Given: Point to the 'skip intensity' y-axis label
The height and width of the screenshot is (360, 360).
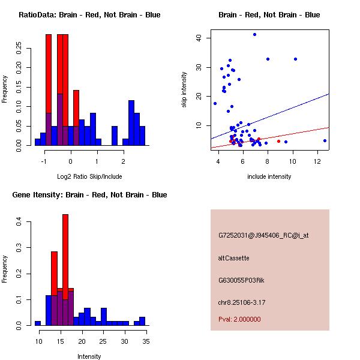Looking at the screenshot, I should (x=184, y=89).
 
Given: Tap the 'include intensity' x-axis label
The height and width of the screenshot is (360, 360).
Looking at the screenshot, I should (x=269, y=176).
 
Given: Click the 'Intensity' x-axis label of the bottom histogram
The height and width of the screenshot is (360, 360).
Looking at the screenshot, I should (x=89, y=356).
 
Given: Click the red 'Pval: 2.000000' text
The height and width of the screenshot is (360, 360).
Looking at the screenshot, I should (x=239, y=319).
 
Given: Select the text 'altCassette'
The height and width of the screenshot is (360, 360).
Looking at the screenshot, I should (x=233, y=258).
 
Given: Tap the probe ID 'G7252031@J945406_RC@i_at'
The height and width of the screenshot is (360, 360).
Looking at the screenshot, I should (x=263, y=236).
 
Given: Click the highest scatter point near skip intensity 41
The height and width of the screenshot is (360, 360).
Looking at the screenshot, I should (x=254, y=35).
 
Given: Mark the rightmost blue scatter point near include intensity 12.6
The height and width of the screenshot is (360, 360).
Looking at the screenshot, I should (x=325, y=140).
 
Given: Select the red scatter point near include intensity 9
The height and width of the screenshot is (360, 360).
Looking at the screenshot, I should (x=278, y=142).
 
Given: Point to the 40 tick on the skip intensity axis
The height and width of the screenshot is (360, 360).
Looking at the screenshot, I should (x=206, y=38).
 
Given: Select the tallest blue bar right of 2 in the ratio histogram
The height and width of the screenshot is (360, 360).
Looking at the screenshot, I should (x=131, y=122).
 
